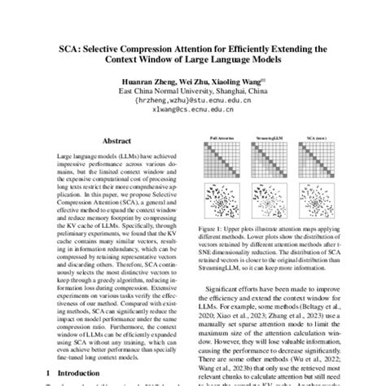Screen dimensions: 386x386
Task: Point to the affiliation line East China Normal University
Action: coord(192,93)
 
